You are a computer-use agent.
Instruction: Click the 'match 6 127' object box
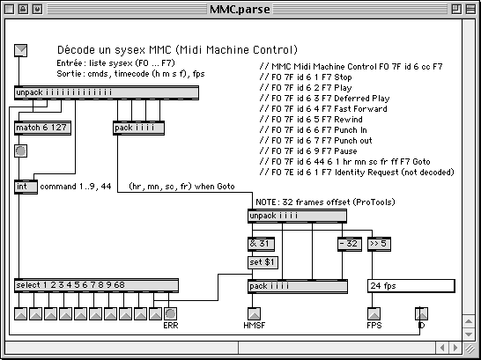pos(42,128)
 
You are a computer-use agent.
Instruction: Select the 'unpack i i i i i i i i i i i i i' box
pos(107,92)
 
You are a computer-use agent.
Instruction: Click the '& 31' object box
pos(261,244)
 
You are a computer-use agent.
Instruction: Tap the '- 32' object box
pos(350,244)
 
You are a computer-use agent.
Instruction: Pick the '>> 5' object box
pos(379,244)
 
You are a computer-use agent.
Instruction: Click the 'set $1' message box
pos(263,262)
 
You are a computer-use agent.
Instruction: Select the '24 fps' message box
pos(411,286)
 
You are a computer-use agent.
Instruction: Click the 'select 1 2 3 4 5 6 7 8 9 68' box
pos(96,285)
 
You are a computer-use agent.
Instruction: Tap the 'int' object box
pos(26,187)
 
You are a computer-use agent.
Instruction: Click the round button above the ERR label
pos(171,313)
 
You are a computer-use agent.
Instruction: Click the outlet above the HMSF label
pos(254,313)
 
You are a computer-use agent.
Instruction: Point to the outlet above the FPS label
pos(374,313)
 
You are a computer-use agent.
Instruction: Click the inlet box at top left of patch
pos(21,50)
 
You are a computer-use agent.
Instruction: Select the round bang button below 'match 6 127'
pos(21,151)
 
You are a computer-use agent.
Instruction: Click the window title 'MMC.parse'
pos(240,9)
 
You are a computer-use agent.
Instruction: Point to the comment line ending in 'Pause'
pos(308,151)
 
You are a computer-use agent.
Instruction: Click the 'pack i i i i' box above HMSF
pos(298,286)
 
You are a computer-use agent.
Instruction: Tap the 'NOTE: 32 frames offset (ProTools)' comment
pos(325,202)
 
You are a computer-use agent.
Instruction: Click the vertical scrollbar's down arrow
pos(469,334)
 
